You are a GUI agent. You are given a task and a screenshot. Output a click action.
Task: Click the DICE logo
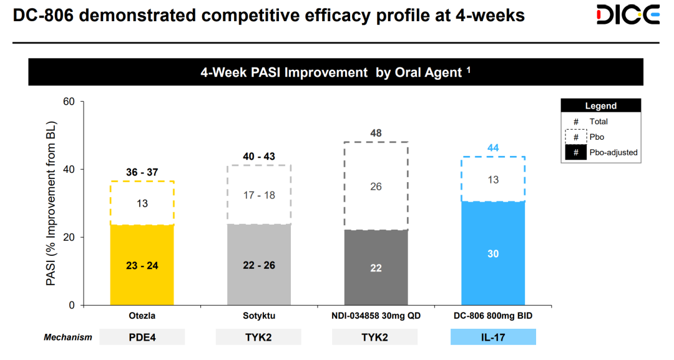coord(627,14)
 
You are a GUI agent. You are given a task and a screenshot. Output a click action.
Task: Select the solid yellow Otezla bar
coord(142,265)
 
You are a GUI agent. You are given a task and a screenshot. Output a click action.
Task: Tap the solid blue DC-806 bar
coord(492,253)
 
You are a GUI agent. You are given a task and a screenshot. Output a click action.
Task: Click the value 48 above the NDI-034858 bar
coord(376,133)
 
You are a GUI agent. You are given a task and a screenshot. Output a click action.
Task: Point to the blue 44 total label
coord(492,147)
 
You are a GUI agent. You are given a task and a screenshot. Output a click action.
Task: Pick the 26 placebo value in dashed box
coord(376,187)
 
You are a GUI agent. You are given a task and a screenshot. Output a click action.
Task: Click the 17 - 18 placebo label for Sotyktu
coord(260,195)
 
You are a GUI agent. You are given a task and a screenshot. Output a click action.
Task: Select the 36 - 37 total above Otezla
coord(142,172)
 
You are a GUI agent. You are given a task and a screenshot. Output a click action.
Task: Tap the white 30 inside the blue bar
coord(492,254)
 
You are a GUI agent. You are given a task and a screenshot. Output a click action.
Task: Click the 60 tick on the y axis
coord(69,102)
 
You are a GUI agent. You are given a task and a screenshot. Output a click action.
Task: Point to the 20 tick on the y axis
coord(69,238)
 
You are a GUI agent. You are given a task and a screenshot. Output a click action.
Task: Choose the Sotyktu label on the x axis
coord(260,316)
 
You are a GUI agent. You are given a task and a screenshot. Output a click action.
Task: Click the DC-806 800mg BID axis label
coord(492,316)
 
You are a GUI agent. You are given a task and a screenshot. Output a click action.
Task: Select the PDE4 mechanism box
coord(142,337)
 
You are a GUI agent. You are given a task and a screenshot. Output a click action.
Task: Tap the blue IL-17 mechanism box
coord(492,337)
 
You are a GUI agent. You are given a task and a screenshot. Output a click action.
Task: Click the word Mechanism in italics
coord(68,338)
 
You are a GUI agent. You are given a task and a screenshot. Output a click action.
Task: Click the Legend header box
coord(601,106)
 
